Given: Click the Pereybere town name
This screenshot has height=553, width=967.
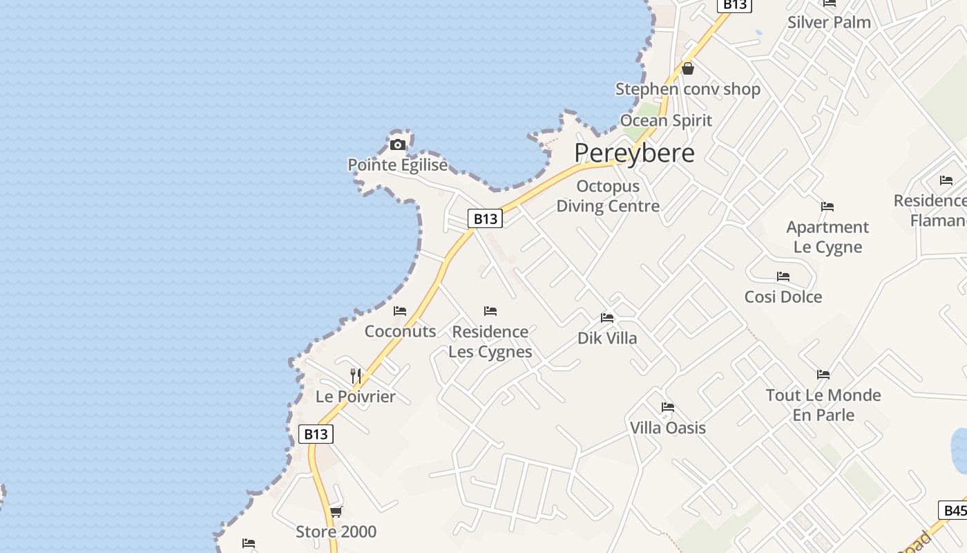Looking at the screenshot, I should [x=634, y=153].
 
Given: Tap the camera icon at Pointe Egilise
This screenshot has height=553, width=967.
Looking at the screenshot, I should [x=398, y=144].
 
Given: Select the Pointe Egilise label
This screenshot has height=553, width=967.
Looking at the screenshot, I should [x=397, y=165].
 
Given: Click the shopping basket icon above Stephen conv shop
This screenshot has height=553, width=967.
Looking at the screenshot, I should [x=688, y=68].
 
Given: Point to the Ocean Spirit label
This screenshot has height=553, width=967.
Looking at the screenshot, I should [x=666, y=120].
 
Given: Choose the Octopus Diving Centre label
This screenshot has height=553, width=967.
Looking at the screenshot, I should [x=608, y=196].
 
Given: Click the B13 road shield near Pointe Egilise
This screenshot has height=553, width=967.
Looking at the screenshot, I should [x=485, y=218].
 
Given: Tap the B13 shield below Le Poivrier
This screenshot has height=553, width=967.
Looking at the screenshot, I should [x=316, y=433].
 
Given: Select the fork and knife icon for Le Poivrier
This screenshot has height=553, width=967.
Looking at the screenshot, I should [x=356, y=376].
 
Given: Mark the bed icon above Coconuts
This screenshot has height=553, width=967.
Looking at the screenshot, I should [x=400, y=311].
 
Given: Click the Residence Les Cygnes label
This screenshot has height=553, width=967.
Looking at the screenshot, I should [x=490, y=341].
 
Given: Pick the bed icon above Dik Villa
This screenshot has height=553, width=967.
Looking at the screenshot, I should [x=607, y=318].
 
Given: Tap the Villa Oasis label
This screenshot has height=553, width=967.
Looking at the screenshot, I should [x=668, y=427].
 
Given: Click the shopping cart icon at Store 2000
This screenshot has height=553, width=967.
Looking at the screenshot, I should [x=336, y=512].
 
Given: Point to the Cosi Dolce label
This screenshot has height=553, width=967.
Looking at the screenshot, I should [x=783, y=297].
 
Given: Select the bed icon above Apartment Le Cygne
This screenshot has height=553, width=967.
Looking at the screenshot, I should [x=827, y=207].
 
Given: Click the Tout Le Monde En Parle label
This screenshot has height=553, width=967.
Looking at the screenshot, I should [x=823, y=405].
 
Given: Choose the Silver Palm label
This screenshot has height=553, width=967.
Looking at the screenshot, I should [x=829, y=21].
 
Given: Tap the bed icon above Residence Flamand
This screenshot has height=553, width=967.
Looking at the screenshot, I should [x=946, y=180].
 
